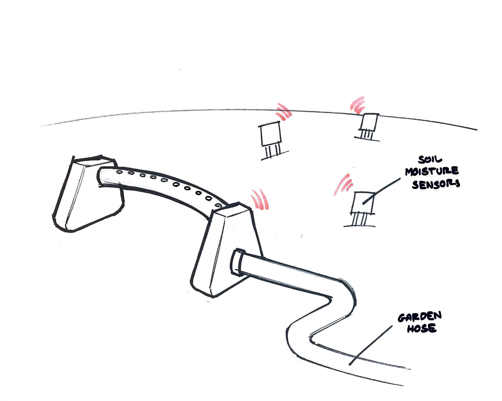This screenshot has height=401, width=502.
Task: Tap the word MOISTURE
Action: point(432,171)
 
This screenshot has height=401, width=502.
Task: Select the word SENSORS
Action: point(436,184)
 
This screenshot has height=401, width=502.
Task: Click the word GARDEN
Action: point(419,317)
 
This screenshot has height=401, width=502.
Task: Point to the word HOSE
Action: point(421,328)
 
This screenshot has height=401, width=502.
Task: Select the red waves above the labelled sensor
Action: point(343,185)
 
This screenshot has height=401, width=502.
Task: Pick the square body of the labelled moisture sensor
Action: point(362,203)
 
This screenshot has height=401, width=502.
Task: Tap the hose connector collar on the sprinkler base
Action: point(236,262)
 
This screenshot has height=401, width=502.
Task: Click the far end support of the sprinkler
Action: point(88,193)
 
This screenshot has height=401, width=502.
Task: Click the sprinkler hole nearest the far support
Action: point(119,172)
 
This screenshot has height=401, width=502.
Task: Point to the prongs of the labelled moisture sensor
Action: point(359,219)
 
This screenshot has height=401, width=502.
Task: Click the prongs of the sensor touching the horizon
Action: point(367,134)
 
